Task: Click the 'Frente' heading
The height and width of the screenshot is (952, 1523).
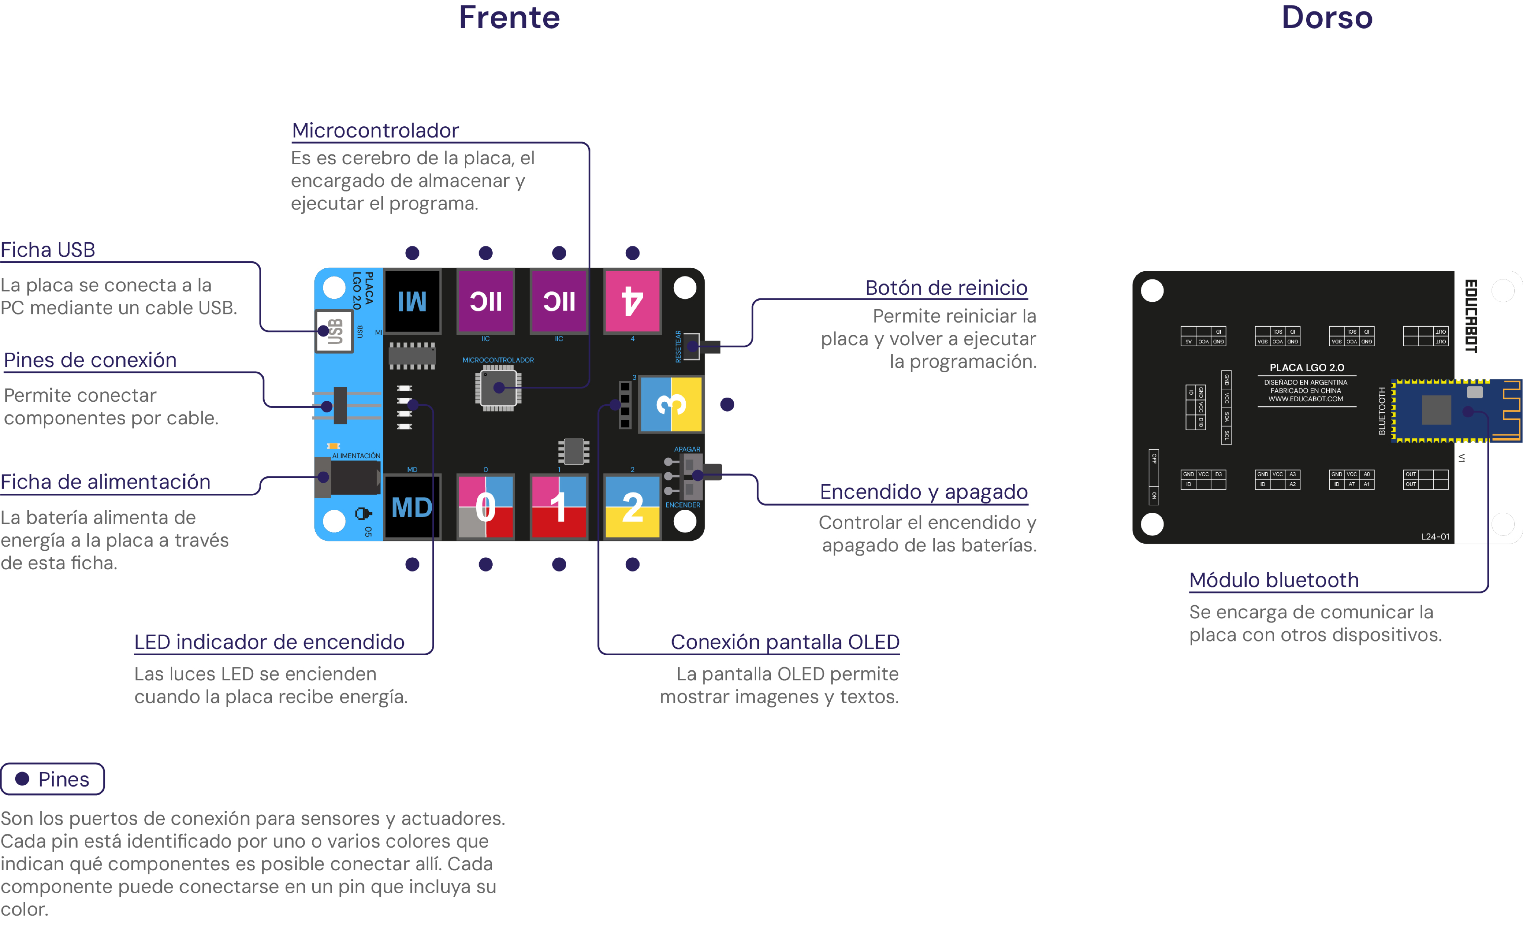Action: (509, 17)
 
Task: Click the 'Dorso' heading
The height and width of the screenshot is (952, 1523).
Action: (1326, 17)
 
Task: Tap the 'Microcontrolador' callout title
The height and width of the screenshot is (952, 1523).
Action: (376, 130)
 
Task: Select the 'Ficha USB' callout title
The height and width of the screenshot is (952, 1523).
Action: (48, 250)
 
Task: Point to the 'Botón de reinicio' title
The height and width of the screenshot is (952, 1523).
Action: (946, 288)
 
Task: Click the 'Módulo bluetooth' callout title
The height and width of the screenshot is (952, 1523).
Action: (1274, 580)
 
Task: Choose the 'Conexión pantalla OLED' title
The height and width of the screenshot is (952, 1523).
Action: (785, 642)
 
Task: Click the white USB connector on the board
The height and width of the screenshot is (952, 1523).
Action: (334, 331)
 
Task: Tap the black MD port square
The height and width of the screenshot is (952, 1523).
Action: (412, 507)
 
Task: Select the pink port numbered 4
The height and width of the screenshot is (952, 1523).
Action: (632, 301)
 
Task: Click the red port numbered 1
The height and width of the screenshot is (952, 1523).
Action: (559, 507)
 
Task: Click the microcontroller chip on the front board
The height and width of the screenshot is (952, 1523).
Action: (498, 388)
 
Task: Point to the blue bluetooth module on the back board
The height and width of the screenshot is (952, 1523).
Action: (1455, 411)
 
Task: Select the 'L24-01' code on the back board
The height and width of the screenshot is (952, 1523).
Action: (1435, 537)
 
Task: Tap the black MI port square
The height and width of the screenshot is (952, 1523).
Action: (412, 301)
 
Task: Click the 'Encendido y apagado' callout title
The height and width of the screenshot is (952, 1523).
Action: (923, 492)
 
